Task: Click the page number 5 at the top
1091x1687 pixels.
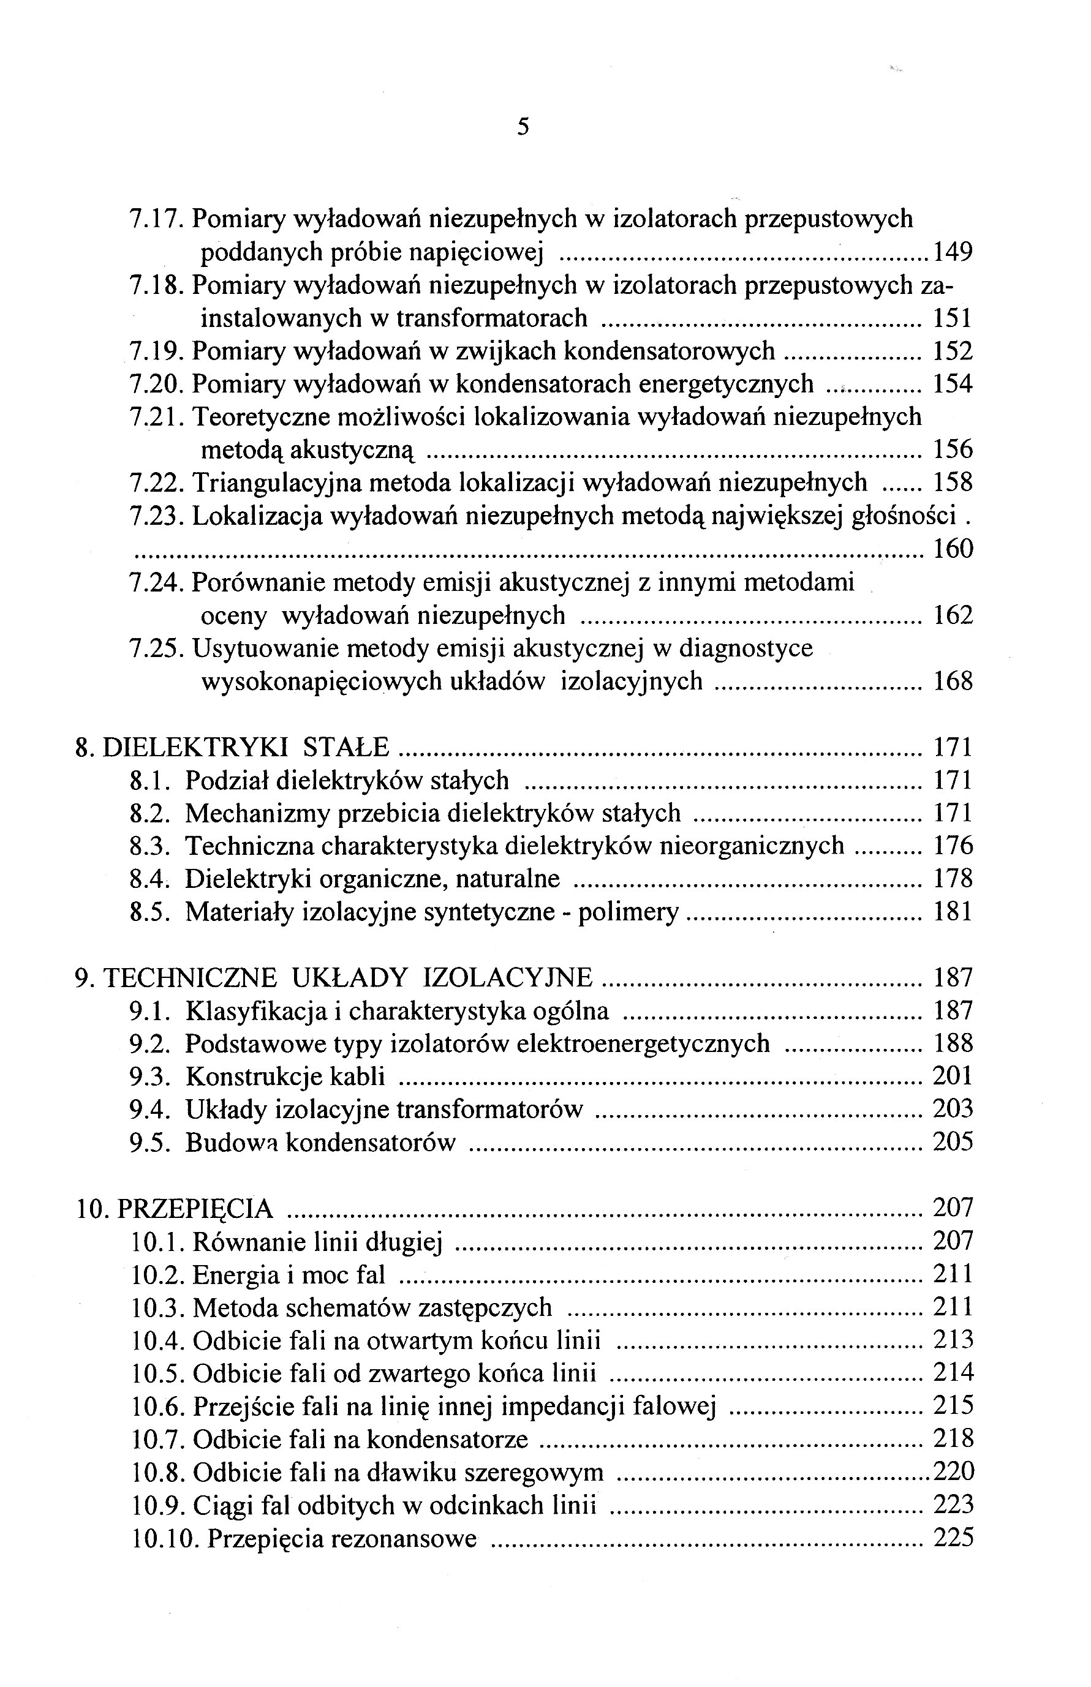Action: tap(523, 127)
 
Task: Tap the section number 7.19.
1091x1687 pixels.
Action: tap(158, 351)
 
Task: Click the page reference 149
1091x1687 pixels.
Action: tap(953, 252)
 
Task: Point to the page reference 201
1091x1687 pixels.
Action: tap(953, 1076)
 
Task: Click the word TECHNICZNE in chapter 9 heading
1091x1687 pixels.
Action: tap(191, 978)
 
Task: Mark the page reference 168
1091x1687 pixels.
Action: tap(953, 682)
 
